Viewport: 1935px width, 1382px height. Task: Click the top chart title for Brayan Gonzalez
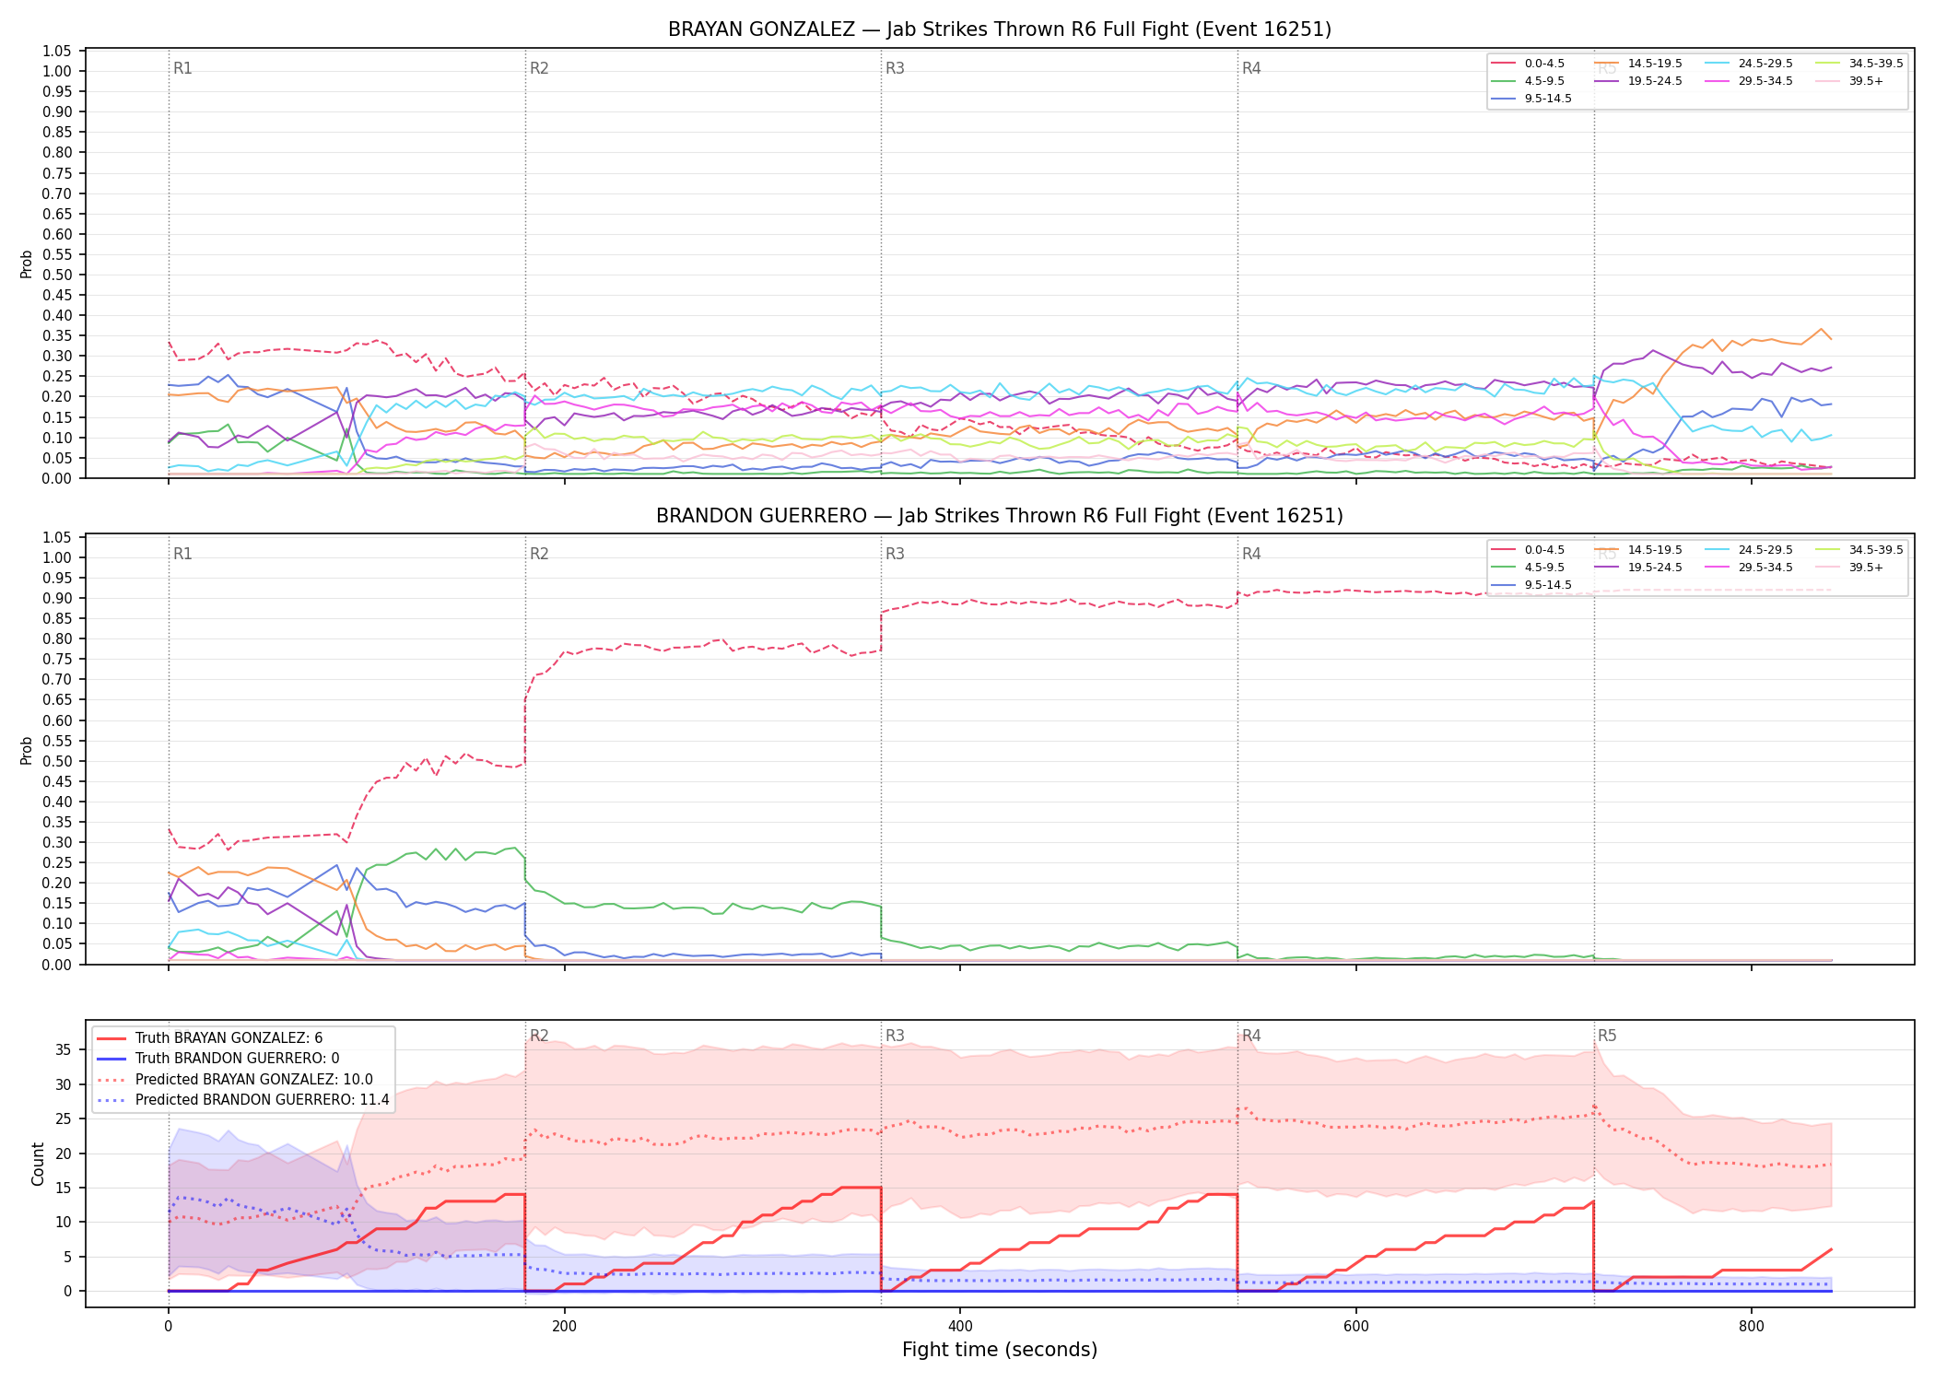click(1000, 29)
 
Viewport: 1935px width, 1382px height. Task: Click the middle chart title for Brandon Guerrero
click(1000, 516)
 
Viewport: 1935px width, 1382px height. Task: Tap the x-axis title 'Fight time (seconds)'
click(1000, 1350)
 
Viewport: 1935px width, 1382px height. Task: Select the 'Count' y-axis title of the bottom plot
click(38, 1164)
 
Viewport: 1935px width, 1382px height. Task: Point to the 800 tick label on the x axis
click(1752, 1327)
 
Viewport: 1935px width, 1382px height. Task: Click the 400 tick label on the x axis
click(960, 1327)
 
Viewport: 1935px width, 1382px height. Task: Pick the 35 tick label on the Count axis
click(64, 1049)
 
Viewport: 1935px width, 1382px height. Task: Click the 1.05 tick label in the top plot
click(57, 51)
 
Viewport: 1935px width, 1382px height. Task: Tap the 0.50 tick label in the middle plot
click(57, 761)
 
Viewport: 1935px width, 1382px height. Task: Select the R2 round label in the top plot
click(539, 68)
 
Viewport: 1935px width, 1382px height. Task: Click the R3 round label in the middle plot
click(895, 554)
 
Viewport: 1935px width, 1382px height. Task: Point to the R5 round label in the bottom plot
click(1607, 1036)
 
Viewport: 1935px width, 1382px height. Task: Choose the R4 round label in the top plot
click(1251, 68)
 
